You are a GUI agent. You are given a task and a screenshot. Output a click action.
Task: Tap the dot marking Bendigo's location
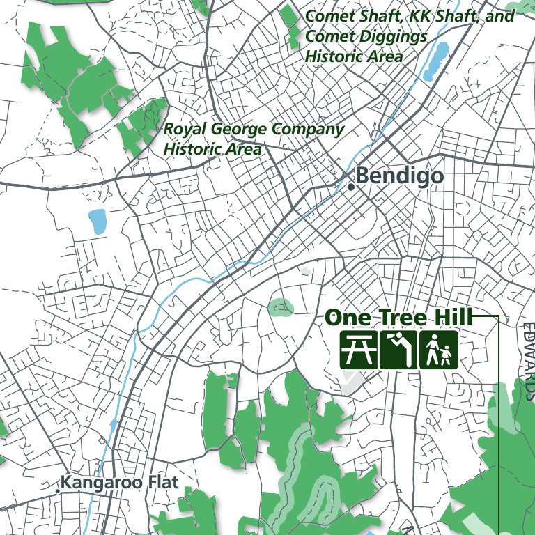click(x=352, y=187)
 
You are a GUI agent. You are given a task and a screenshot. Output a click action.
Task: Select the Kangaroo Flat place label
click(x=119, y=482)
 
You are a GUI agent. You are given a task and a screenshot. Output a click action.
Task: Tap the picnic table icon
click(x=358, y=350)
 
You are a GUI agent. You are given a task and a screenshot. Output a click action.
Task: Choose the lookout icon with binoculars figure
click(x=398, y=350)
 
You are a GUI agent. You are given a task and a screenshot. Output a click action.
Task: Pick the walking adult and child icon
click(x=438, y=350)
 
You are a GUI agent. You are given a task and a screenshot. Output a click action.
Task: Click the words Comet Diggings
click(x=355, y=36)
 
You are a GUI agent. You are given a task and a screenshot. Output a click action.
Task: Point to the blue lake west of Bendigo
click(x=97, y=221)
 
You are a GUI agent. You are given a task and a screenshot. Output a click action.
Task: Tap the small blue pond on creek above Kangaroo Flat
click(x=114, y=424)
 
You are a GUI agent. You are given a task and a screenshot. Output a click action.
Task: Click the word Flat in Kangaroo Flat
click(x=160, y=482)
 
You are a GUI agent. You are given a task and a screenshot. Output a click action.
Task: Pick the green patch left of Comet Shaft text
click(x=288, y=24)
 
